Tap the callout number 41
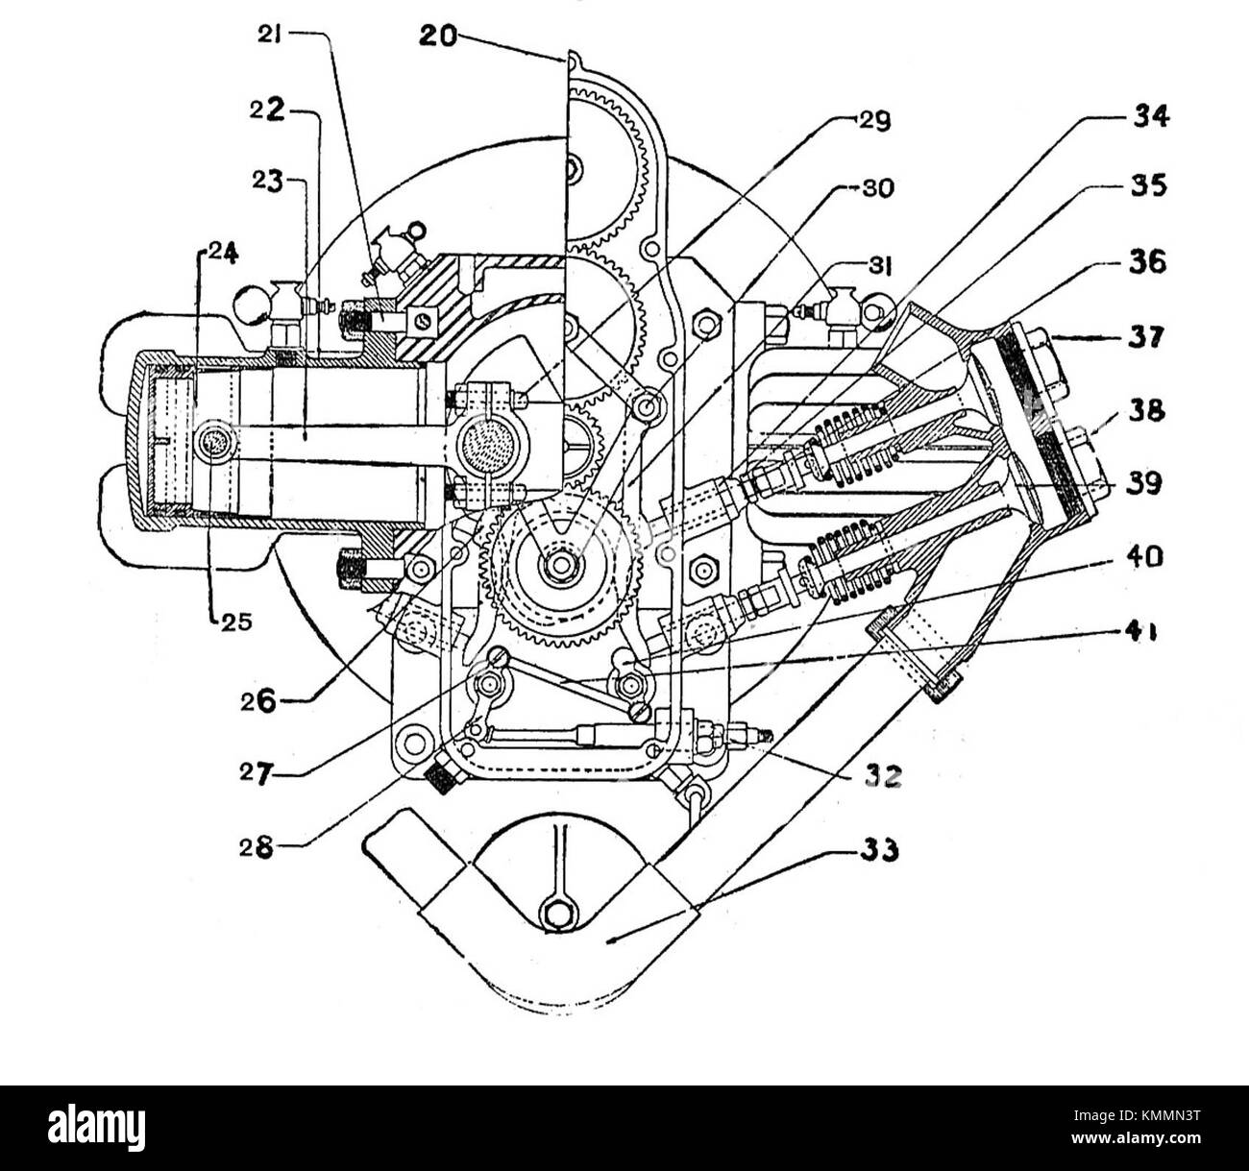(x=1143, y=633)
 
